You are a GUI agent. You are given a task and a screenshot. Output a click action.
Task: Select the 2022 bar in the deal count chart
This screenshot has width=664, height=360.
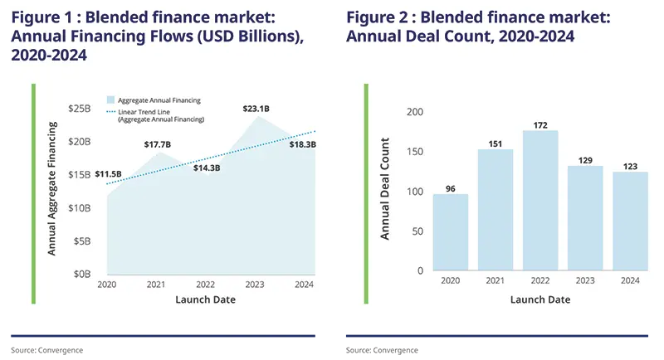click(540, 201)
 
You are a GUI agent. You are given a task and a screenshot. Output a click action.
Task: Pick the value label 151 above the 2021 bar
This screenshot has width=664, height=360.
click(496, 142)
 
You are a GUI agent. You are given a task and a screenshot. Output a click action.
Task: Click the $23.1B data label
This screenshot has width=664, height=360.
click(256, 109)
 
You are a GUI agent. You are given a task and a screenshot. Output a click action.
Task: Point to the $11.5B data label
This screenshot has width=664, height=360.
click(109, 173)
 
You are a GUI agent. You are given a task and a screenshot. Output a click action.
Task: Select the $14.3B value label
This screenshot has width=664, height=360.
click(206, 168)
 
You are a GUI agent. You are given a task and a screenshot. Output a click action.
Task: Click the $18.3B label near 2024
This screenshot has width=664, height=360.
click(302, 144)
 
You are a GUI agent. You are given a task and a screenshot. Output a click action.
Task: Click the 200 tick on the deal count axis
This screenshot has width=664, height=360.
click(415, 112)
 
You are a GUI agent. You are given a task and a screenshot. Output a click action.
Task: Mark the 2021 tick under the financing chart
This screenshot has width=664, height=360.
click(156, 285)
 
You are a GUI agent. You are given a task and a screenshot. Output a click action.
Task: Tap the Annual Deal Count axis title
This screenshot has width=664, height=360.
click(385, 192)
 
